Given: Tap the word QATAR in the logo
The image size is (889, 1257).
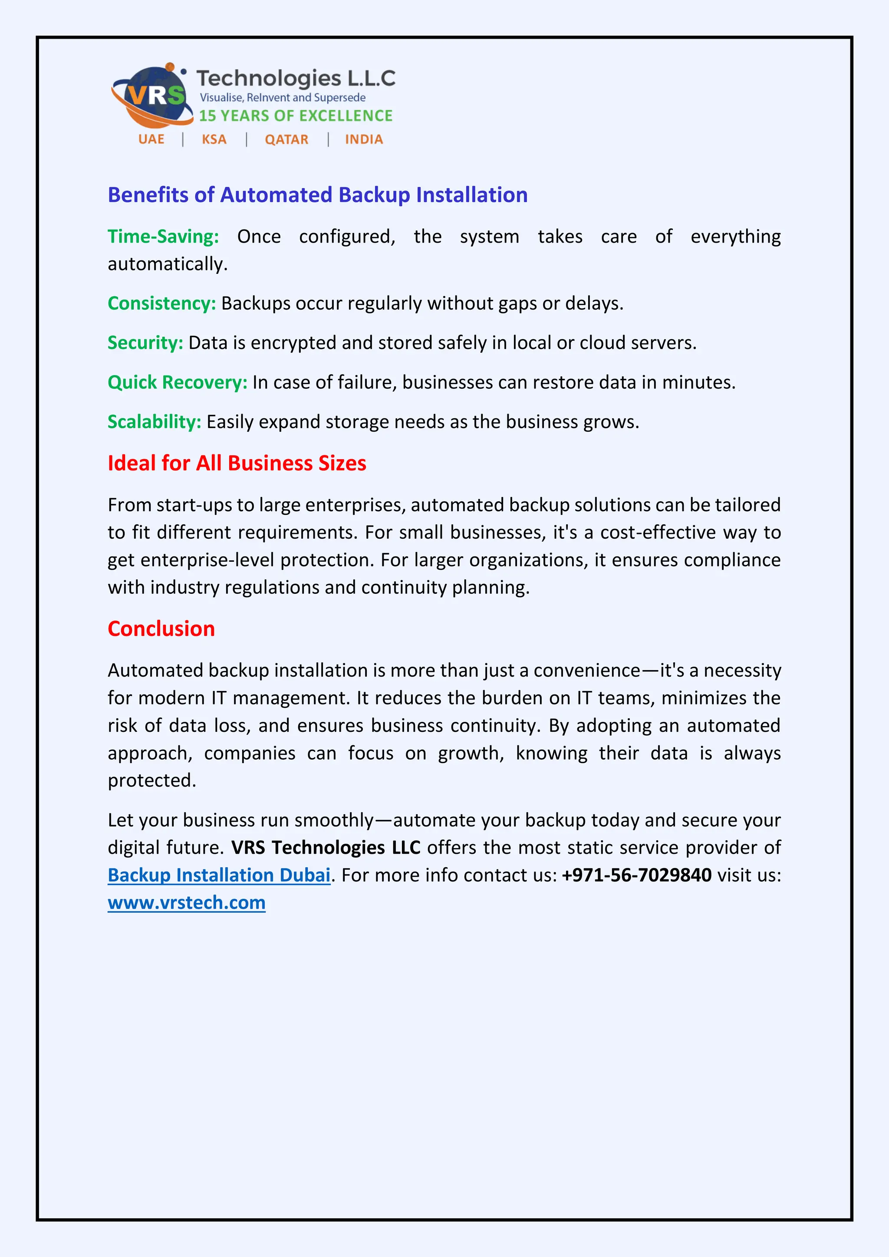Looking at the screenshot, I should pos(286,140).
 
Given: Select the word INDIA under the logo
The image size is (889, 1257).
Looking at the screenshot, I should pos(363,140).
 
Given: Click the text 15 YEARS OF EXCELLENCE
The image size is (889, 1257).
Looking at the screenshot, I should pos(296,115).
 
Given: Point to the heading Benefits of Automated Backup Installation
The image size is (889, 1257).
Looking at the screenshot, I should pos(317,195).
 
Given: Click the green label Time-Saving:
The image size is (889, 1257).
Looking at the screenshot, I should pos(163,237).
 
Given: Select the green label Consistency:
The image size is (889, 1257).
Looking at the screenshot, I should pos(162,303).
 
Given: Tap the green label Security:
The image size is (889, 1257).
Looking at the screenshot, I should pos(145,343).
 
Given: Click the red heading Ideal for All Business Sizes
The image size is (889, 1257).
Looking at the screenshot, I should pos(237,463).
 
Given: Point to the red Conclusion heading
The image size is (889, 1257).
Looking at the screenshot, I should pos(161,628).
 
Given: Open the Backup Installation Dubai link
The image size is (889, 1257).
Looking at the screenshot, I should pos(219,875).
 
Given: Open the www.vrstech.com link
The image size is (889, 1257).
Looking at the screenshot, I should pos(187,902).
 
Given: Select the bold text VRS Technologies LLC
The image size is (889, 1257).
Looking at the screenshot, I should pos(326,848).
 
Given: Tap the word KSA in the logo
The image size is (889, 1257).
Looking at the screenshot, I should pos(214,140).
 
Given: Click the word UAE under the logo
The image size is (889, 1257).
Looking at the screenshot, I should pos(151,140).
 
